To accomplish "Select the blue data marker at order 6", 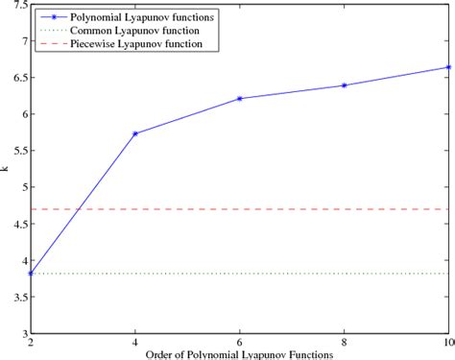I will (x=240, y=99).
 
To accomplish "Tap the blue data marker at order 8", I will (x=345, y=85).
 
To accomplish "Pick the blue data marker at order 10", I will (x=447, y=67).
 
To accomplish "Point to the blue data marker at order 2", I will (x=31, y=274).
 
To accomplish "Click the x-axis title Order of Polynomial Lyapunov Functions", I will (x=239, y=354).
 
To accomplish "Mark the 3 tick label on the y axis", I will (x=23, y=333).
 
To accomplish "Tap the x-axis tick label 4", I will (x=135, y=343).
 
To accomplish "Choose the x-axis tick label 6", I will (x=240, y=343).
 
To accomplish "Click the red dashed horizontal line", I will (x=288, y=209).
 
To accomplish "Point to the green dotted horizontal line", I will (x=288, y=274).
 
